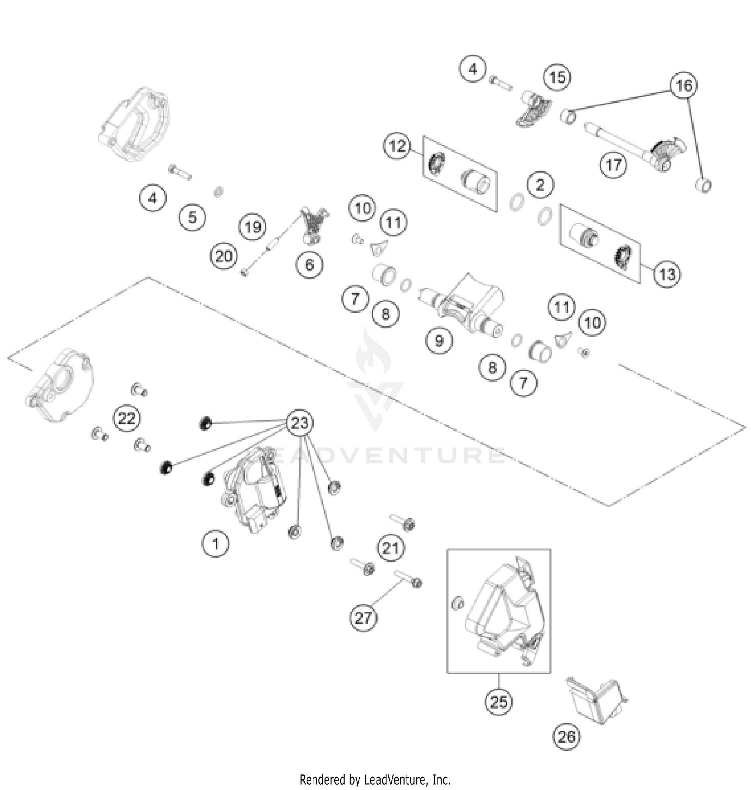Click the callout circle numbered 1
coord(216,543)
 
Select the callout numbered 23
coord(300,423)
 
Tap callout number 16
coord(684,86)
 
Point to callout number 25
coord(499,702)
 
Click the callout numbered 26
coord(566,737)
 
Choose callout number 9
coord(439,341)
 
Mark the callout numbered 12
coord(397,146)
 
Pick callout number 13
coord(667,274)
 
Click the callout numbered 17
coord(614,164)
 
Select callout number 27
coord(363,618)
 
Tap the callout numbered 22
coord(126,418)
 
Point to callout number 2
coord(540,185)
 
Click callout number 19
coord(253,227)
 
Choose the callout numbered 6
coord(309,264)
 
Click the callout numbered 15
coord(557,77)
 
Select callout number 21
coord(391,548)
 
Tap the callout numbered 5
coord(193,217)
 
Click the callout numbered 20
coord(223,256)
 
